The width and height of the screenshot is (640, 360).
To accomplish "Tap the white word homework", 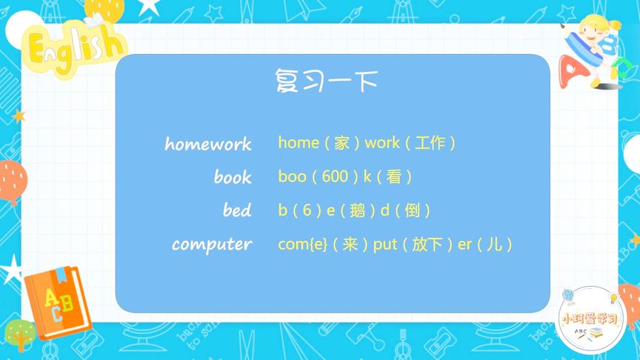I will [208, 143].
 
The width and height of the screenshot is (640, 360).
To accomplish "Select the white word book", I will [233, 177].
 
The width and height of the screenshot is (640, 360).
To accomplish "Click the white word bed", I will [237, 210].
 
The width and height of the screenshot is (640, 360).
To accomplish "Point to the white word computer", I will [212, 244].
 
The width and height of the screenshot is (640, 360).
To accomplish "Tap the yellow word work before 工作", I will [382, 142].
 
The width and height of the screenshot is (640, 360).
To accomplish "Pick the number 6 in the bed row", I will [307, 210].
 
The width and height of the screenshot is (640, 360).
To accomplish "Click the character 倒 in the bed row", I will [412, 210].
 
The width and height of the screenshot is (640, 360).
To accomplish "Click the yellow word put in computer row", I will [385, 244].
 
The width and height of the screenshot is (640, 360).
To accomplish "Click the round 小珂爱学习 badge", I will [591, 319].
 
